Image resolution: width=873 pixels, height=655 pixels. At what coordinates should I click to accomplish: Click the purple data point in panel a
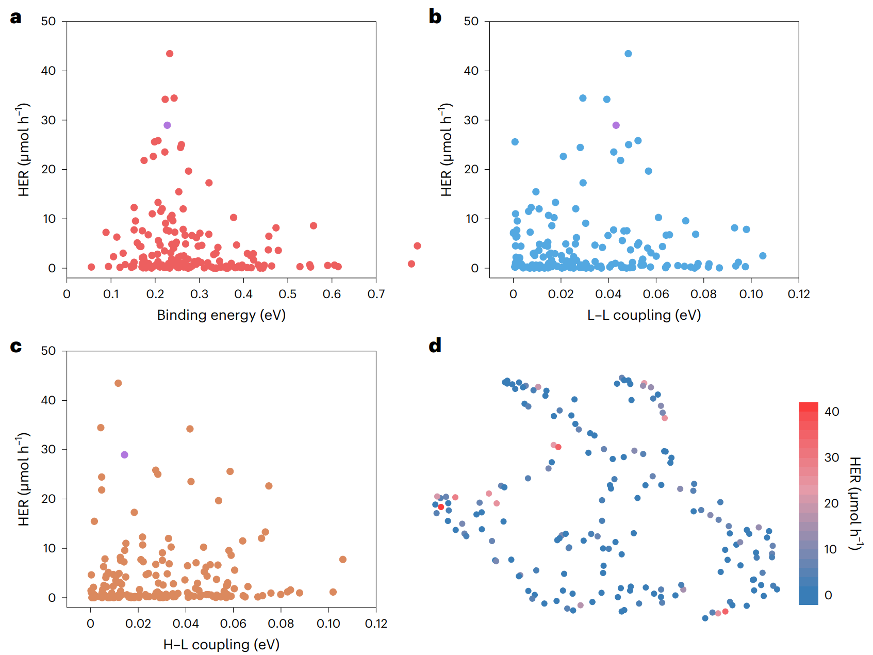point(167,125)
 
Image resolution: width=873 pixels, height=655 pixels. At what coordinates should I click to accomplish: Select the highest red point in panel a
point(170,54)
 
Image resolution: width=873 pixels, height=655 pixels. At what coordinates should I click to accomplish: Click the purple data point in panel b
point(616,125)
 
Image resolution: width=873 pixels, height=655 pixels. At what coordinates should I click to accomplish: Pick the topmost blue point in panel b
point(628,54)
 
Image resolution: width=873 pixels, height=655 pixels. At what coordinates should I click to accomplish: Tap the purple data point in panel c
point(124,455)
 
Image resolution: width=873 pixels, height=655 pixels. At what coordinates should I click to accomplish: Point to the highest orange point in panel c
point(118,383)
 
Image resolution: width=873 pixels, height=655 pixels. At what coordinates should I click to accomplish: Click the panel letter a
point(16,18)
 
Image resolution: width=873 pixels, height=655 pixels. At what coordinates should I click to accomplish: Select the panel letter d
point(435,346)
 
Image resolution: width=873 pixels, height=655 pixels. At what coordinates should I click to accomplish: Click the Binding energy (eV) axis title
point(221,315)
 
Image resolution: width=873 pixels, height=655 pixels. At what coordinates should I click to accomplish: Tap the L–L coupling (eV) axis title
point(644,315)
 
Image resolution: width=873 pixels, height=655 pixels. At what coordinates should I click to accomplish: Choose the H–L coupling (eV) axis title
point(221,645)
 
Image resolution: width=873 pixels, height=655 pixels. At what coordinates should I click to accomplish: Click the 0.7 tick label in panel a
point(376,294)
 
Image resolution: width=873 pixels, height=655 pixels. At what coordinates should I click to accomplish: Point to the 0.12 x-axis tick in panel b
point(799,294)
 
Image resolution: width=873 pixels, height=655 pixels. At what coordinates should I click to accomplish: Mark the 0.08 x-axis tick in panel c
point(281,624)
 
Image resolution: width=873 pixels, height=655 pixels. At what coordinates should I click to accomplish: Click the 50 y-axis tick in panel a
point(48,22)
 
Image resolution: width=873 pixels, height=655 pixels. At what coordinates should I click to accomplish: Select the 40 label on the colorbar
point(832,412)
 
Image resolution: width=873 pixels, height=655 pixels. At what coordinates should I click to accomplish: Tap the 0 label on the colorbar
point(828,595)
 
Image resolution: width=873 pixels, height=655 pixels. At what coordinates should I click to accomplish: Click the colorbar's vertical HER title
point(855,503)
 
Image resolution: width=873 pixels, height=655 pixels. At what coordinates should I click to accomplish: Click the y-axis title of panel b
point(447,150)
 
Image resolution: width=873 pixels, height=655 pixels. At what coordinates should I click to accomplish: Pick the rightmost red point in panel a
point(417,246)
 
